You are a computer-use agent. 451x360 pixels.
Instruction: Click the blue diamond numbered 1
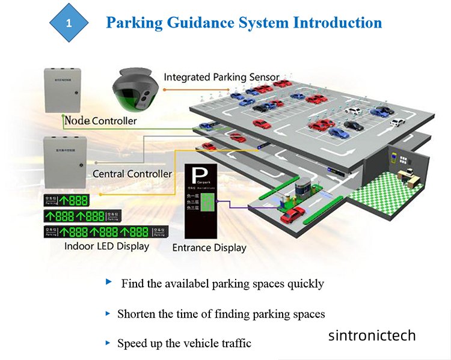[x=69, y=23]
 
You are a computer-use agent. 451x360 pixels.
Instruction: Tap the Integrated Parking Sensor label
[x=221, y=77]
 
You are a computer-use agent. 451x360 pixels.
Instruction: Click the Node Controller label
[x=100, y=121]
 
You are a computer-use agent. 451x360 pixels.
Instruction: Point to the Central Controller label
[x=132, y=174]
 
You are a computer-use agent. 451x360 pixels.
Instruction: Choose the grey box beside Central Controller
[x=63, y=159]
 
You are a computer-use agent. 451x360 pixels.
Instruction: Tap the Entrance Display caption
[x=209, y=248]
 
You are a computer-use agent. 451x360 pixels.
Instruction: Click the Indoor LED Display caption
[x=106, y=246]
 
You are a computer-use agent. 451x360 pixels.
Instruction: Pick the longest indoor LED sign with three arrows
[x=105, y=231]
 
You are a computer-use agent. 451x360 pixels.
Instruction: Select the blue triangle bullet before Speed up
[x=108, y=343]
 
